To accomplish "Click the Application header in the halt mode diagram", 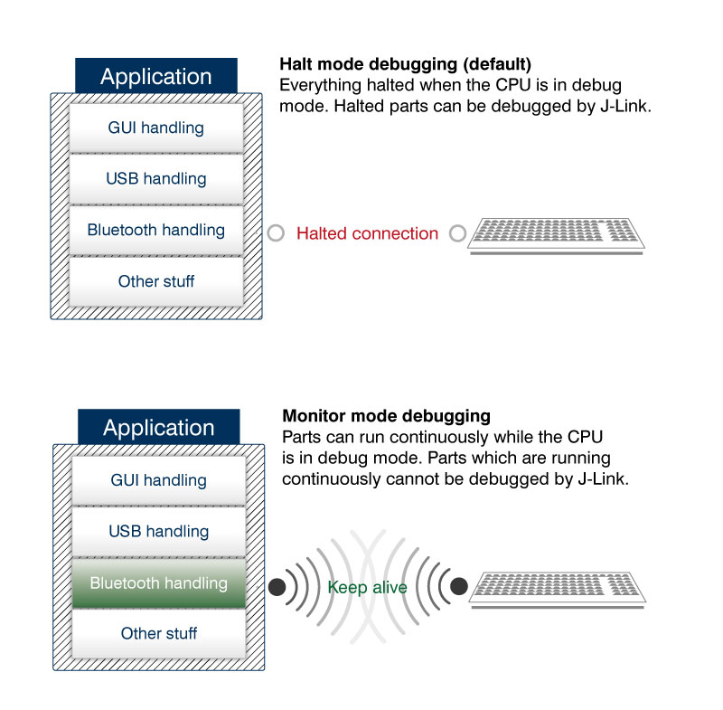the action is click(156, 76).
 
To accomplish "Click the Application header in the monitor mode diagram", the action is click(159, 427).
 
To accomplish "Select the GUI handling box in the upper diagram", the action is click(156, 128).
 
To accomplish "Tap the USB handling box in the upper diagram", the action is click(156, 179).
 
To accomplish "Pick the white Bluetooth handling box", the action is click(156, 231).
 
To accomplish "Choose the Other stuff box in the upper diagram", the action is click(156, 281).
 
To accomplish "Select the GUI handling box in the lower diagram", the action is click(159, 480).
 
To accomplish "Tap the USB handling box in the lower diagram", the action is click(159, 532).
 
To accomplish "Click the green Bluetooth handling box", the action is click(159, 583).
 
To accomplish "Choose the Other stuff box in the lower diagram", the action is click(159, 634).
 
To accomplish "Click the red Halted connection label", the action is click(367, 233).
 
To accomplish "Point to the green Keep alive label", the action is click(367, 587).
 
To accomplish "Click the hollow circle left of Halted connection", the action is click(276, 233).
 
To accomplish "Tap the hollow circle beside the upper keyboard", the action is click(458, 233).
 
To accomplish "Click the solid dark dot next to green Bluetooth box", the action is click(277, 587).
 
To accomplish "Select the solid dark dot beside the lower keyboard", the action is click(459, 586).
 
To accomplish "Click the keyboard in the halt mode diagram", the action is click(556, 236).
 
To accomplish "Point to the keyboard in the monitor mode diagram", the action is click(558, 590).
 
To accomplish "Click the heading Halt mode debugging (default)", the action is click(405, 64).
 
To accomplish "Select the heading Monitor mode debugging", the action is click(387, 416).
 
